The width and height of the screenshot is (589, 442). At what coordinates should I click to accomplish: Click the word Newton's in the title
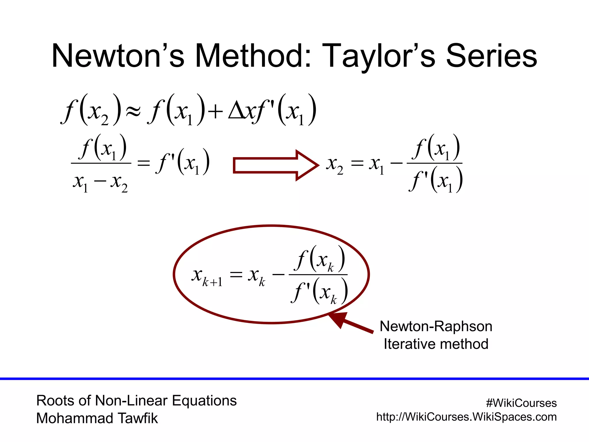(x=118, y=56)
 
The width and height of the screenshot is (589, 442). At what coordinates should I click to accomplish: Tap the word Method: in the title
(x=253, y=56)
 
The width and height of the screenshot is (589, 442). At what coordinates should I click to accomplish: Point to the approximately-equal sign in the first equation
(x=133, y=111)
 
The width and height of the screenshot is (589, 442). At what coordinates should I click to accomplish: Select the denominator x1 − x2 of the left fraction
(x=100, y=182)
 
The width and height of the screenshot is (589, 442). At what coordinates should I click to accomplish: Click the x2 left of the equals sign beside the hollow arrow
(x=334, y=165)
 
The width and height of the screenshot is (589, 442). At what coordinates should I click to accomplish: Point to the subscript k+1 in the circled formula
(x=212, y=282)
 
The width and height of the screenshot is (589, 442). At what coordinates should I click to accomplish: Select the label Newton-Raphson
(x=436, y=326)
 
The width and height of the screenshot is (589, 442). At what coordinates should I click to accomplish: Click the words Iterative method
(x=436, y=344)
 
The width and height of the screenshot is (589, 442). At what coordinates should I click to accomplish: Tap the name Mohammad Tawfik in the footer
(x=97, y=418)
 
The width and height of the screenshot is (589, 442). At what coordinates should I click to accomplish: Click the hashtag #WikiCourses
(x=521, y=403)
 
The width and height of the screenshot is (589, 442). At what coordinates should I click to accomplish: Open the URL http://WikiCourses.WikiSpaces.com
(x=466, y=417)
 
